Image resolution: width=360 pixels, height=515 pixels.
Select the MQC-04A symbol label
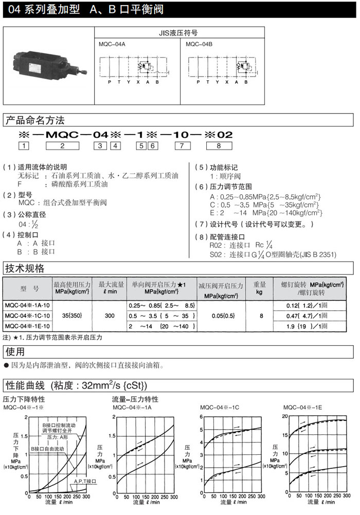point(112,44)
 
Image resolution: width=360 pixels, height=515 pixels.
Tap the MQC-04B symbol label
point(199,44)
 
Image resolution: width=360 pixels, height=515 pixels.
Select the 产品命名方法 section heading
point(34,121)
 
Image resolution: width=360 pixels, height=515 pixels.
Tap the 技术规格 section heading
point(25,268)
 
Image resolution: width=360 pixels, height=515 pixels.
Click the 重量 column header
point(260,287)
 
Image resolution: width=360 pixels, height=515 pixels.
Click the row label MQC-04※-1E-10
point(27,326)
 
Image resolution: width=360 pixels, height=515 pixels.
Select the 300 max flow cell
point(110,316)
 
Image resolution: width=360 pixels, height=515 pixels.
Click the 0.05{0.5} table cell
point(222,316)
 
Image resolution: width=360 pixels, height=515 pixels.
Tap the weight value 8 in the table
point(260,316)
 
